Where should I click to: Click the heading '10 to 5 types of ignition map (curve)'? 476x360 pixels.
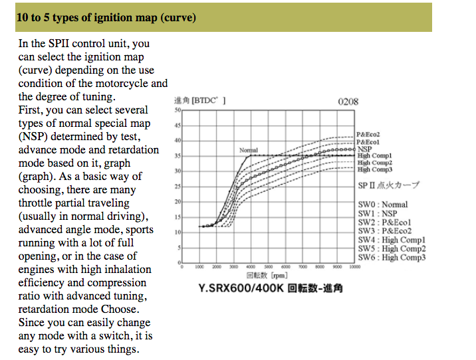pyautogui.click(x=106, y=18)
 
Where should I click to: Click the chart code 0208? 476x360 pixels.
pyautogui.click(x=348, y=102)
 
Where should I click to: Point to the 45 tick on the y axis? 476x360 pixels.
pyautogui.click(x=177, y=126)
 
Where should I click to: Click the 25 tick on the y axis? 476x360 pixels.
pyautogui.click(x=177, y=187)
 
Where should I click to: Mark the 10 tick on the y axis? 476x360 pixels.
pyautogui.click(x=177, y=232)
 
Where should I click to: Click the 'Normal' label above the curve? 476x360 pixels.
pyautogui.click(x=248, y=151)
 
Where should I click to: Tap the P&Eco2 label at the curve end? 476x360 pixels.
pyautogui.click(x=368, y=135)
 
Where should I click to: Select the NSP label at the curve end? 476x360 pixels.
pyautogui.click(x=364, y=149)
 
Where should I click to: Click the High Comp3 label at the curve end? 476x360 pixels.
pyautogui.click(x=375, y=170)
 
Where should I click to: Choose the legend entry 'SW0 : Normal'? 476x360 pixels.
pyautogui.click(x=383, y=205)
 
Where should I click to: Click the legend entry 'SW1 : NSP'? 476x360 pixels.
pyautogui.click(x=378, y=213)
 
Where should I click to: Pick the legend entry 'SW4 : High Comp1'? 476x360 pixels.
pyautogui.click(x=392, y=240)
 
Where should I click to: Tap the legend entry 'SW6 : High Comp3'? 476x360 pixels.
pyautogui.click(x=392, y=258)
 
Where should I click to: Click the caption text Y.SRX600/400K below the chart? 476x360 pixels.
pyautogui.click(x=239, y=288)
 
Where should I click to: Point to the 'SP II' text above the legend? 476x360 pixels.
pyautogui.click(x=368, y=186)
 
